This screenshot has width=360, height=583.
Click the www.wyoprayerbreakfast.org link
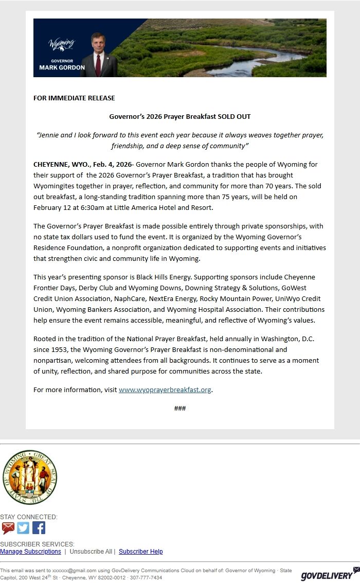[x=165, y=390]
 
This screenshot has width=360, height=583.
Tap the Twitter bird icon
[x=23, y=528]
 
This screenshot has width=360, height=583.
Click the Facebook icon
[x=39, y=528]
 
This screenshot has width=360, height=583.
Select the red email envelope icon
[x=8, y=528]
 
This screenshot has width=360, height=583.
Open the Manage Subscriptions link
[x=30, y=552]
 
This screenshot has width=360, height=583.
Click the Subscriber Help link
[x=140, y=552]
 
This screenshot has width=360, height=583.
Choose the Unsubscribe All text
[x=91, y=552]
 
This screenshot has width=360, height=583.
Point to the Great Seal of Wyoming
[x=29, y=477]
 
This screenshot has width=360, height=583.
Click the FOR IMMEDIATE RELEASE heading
[x=74, y=98]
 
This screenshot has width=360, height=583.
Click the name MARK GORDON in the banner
[x=62, y=67]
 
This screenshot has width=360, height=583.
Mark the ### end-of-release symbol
[x=180, y=409]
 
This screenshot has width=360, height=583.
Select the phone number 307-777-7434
[x=146, y=577]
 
